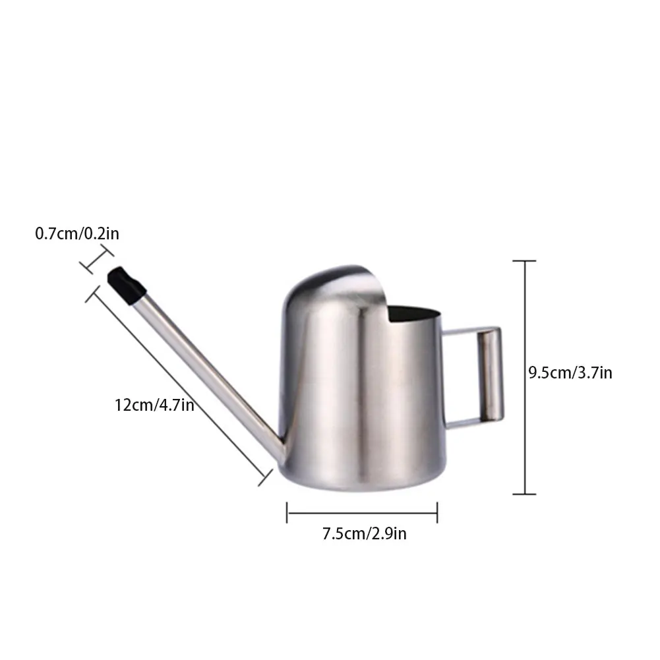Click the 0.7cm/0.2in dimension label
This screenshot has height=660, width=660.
click(x=77, y=233)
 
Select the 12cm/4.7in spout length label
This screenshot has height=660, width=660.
click(x=154, y=404)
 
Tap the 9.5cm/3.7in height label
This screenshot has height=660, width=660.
click(x=570, y=373)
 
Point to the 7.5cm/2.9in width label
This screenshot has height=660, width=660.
click(x=364, y=533)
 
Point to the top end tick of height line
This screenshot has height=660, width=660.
click(x=525, y=261)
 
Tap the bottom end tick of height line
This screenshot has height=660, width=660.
click(x=525, y=494)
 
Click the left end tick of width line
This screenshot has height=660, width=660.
click(x=287, y=512)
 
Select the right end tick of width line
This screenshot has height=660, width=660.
click(x=437, y=512)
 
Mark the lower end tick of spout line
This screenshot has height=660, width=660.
click(x=266, y=477)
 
